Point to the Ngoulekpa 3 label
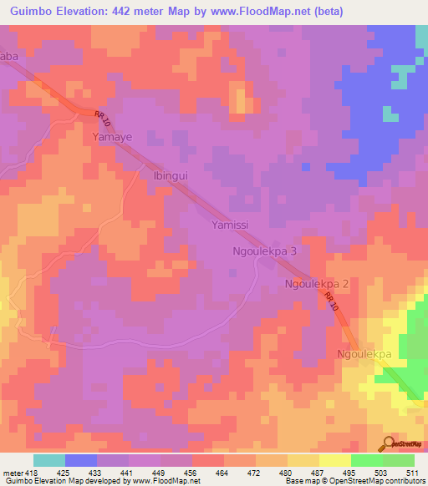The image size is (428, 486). [264, 251]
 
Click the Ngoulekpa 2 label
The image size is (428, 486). [318, 284]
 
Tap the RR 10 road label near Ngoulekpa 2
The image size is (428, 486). [334, 306]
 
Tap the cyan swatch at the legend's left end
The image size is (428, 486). [49, 460]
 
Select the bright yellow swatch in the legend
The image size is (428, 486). [335, 460]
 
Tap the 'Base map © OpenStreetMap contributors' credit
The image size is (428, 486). [353, 481]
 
